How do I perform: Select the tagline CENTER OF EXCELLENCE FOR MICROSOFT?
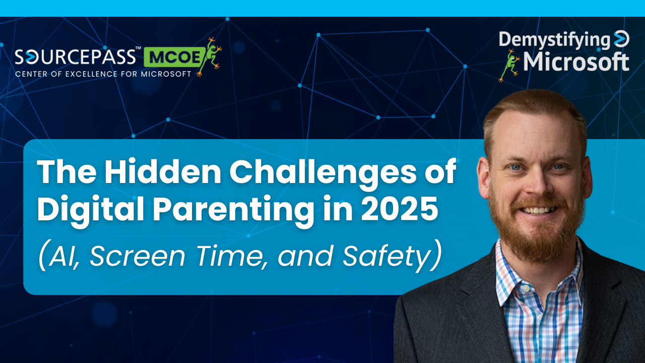pyautogui.click(x=103, y=74)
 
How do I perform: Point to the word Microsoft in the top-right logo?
pyautogui.click(x=576, y=62)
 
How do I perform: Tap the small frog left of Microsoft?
pyautogui.click(x=508, y=65)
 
